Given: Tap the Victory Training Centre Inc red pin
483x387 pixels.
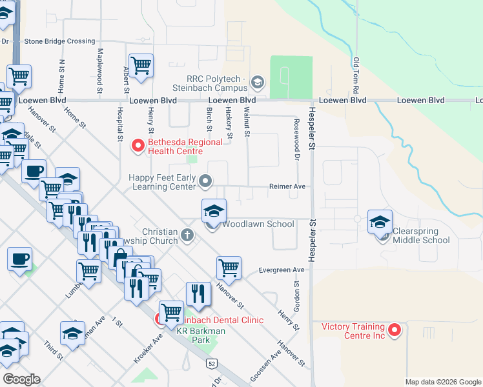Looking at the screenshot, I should pos(395,331).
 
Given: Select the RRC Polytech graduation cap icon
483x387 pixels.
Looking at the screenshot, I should pos(258,82).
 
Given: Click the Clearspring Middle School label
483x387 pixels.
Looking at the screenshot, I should pos(421,235).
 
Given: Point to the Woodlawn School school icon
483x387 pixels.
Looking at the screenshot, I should pos(214,211).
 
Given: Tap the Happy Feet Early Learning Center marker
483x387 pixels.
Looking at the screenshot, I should pos(206,181).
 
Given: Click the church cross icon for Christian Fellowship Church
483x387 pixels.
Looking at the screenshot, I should pos(187,235).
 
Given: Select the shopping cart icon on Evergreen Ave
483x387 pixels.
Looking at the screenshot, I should pos(229,267).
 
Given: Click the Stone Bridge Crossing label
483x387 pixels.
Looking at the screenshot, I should pos(59,41).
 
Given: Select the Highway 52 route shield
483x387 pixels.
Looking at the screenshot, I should pos(212,364).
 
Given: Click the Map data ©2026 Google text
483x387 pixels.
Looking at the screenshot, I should pos(443,382).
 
